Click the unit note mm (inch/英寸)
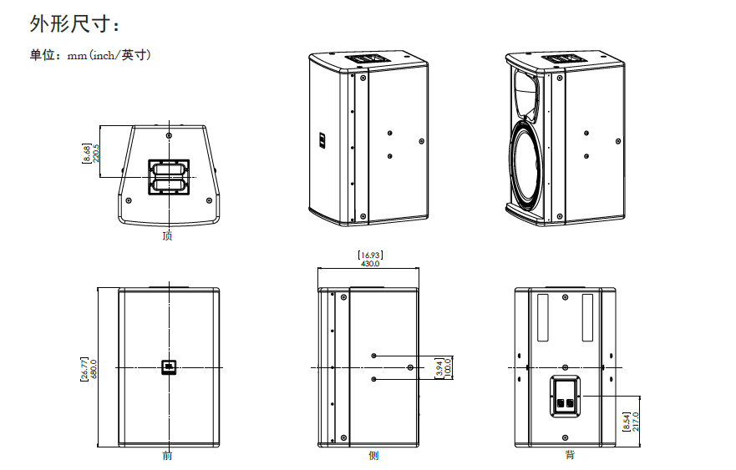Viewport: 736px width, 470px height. tap(109, 55)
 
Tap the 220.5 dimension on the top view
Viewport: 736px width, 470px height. tap(96, 153)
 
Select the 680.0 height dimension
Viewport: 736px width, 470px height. tap(94, 369)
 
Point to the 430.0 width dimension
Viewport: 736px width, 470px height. tap(370, 264)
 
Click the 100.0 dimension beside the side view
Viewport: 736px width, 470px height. tap(447, 368)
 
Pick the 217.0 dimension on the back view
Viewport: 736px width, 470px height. tap(635, 422)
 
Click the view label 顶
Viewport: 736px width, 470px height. tap(168, 235)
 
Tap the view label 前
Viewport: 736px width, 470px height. tap(168, 456)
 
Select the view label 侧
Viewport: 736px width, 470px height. tap(373, 456)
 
